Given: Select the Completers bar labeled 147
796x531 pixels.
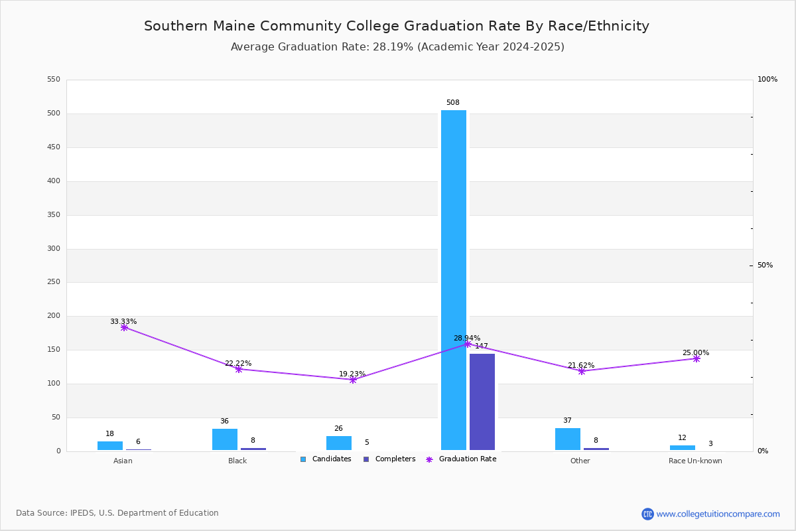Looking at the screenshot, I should tap(482, 402).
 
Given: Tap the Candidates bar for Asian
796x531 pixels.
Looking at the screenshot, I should tap(110, 446).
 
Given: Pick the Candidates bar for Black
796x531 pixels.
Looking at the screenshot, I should tap(225, 439).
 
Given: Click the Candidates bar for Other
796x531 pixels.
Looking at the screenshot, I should tap(568, 439).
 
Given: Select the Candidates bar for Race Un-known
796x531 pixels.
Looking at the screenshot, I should tap(683, 448).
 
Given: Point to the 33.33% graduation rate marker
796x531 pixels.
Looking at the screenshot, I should tap(124, 327).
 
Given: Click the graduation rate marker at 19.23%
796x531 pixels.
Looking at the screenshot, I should tap(353, 380).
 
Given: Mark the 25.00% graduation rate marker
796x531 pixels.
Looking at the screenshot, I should tap(696, 358).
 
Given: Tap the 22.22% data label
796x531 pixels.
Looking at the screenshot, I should tap(238, 364).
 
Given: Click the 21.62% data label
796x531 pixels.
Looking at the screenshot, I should tap(581, 366).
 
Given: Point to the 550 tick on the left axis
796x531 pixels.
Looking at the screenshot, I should tap(54, 80).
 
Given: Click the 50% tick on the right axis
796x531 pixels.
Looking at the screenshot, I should tap(765, 265).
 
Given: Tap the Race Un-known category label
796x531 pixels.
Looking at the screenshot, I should tap(695, 461).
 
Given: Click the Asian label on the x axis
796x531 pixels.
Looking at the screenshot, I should tap(123, 461).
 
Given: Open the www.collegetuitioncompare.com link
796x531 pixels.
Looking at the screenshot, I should tap(718, 514).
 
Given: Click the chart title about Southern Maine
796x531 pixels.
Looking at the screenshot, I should tap(397, 27).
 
